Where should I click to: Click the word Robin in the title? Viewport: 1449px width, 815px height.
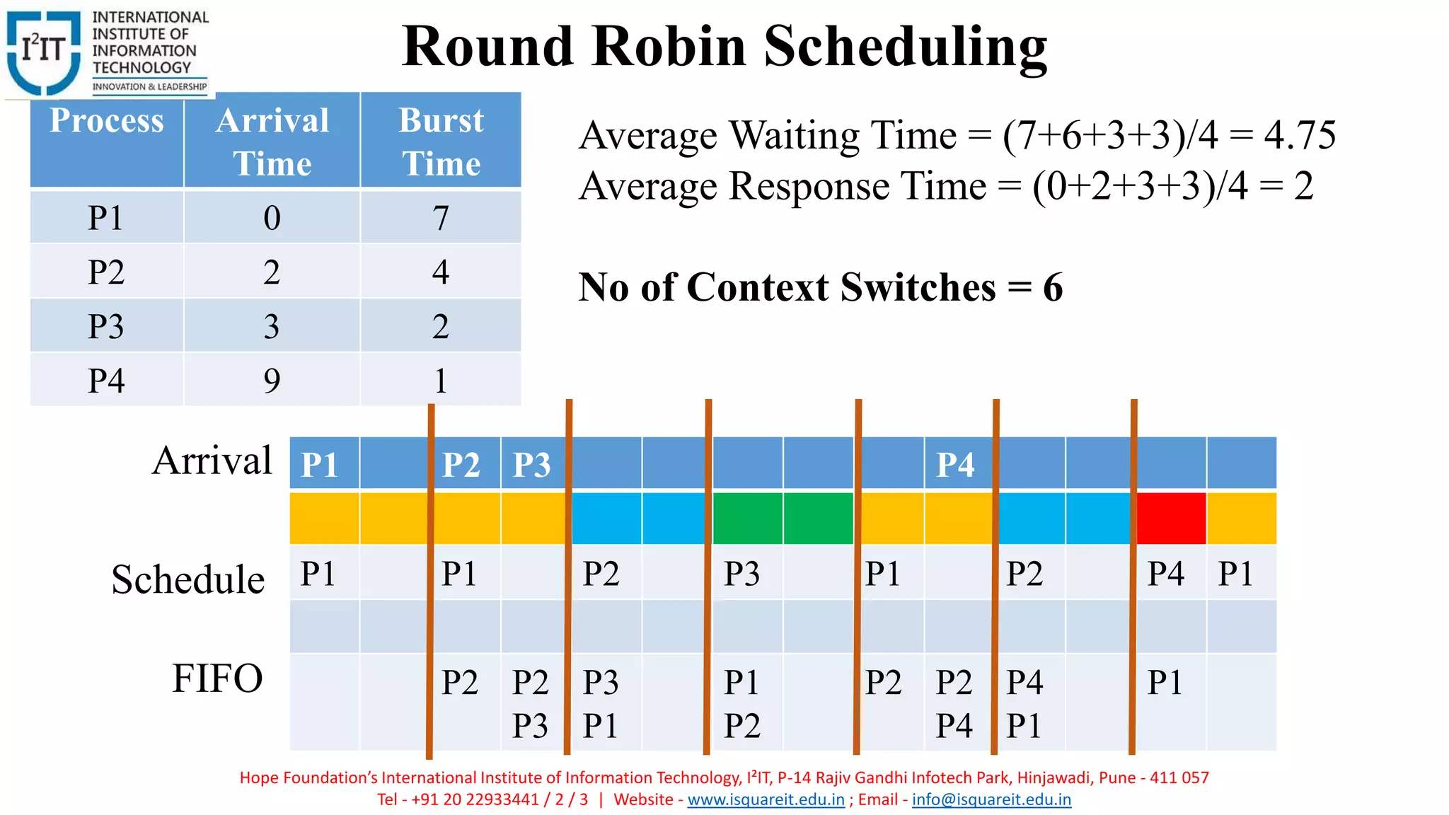point(668,47)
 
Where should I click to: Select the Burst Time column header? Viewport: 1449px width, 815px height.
point(441,141)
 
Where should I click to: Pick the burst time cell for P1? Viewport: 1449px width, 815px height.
point(441,217)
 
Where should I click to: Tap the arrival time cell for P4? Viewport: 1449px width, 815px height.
point(272,381)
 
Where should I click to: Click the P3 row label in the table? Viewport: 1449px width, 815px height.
point(106,326)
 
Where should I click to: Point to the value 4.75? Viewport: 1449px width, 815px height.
point(1300,134)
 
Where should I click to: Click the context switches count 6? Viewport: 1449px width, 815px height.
point(1052,287)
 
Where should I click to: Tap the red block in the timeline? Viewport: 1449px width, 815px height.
point(1171,519)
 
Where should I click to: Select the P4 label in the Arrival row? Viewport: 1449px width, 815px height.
point(955,465)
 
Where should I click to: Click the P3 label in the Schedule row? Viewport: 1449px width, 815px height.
point(741,573)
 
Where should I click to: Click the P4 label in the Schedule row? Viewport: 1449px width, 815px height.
point(1165,573)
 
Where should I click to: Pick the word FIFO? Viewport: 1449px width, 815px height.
point(217,678)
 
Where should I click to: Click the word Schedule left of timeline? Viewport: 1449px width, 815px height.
point(188,579)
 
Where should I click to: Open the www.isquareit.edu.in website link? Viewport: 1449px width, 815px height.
point(766,799)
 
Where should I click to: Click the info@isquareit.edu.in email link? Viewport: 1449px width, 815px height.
point(991,799)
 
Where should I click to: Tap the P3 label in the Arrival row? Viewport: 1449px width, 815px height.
point(531,465)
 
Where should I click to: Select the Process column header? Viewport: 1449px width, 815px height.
point(107,121)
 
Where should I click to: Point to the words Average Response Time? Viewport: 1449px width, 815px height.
point(783,186)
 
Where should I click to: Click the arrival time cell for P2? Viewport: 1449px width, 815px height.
point(272,272)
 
